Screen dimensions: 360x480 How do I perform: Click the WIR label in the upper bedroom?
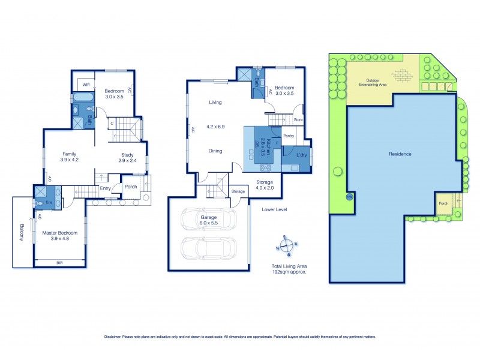pos(85,85)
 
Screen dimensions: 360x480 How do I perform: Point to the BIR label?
pos(59,263)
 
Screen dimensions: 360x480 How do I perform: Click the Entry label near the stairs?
pos(106,188)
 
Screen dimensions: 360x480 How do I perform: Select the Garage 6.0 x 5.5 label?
pos(208,220)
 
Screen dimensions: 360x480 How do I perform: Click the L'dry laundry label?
pos(302,155)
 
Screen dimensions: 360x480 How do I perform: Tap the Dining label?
pos(215,151)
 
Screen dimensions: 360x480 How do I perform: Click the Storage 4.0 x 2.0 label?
pos(265,184)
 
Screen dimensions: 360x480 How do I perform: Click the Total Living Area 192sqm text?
pos(290,268)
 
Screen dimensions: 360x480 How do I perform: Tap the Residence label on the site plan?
pos(400,154)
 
